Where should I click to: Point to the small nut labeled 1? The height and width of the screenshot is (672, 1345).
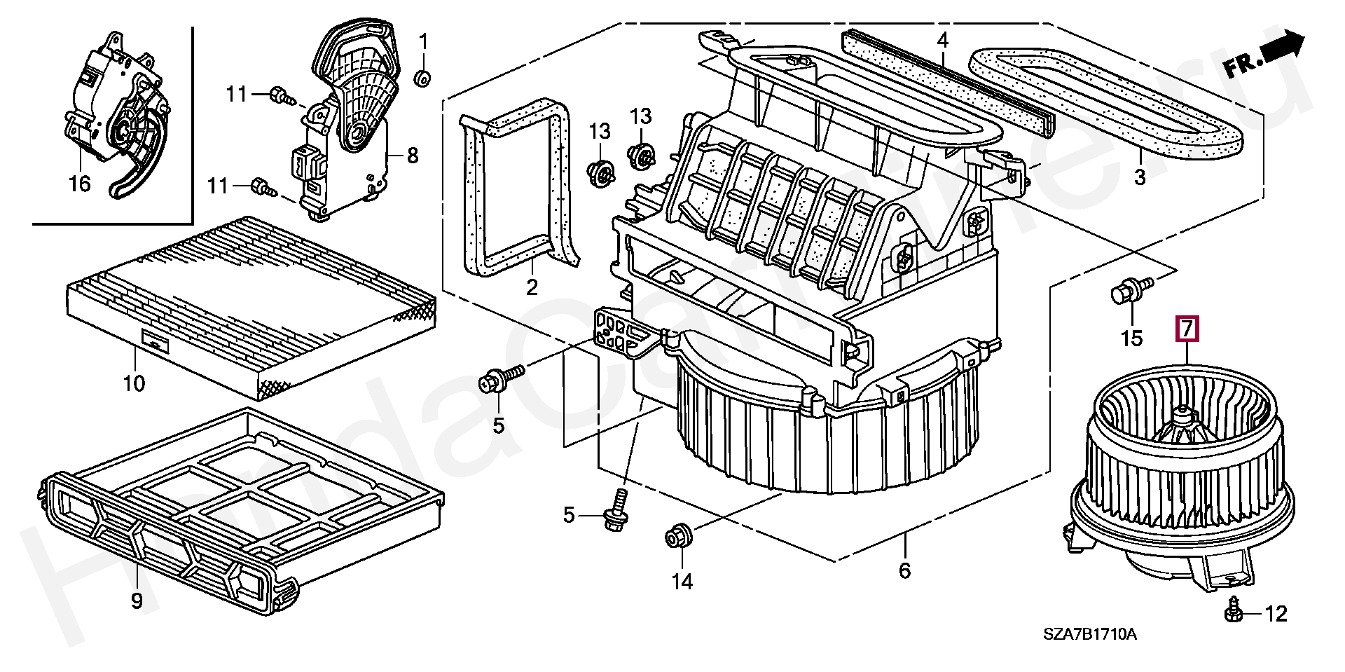tap(422, 78)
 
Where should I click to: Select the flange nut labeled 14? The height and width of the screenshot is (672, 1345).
tap(678, 538)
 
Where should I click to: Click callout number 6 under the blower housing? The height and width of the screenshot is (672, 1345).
tap(904, 570)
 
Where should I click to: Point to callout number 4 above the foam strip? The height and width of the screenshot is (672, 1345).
tap(942, 41)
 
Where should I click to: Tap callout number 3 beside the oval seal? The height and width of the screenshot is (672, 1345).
tap(1140, 177)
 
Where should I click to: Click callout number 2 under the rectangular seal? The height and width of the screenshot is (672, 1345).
tap(531, 287)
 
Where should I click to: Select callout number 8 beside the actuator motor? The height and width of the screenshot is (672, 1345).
tap(412, 154)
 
